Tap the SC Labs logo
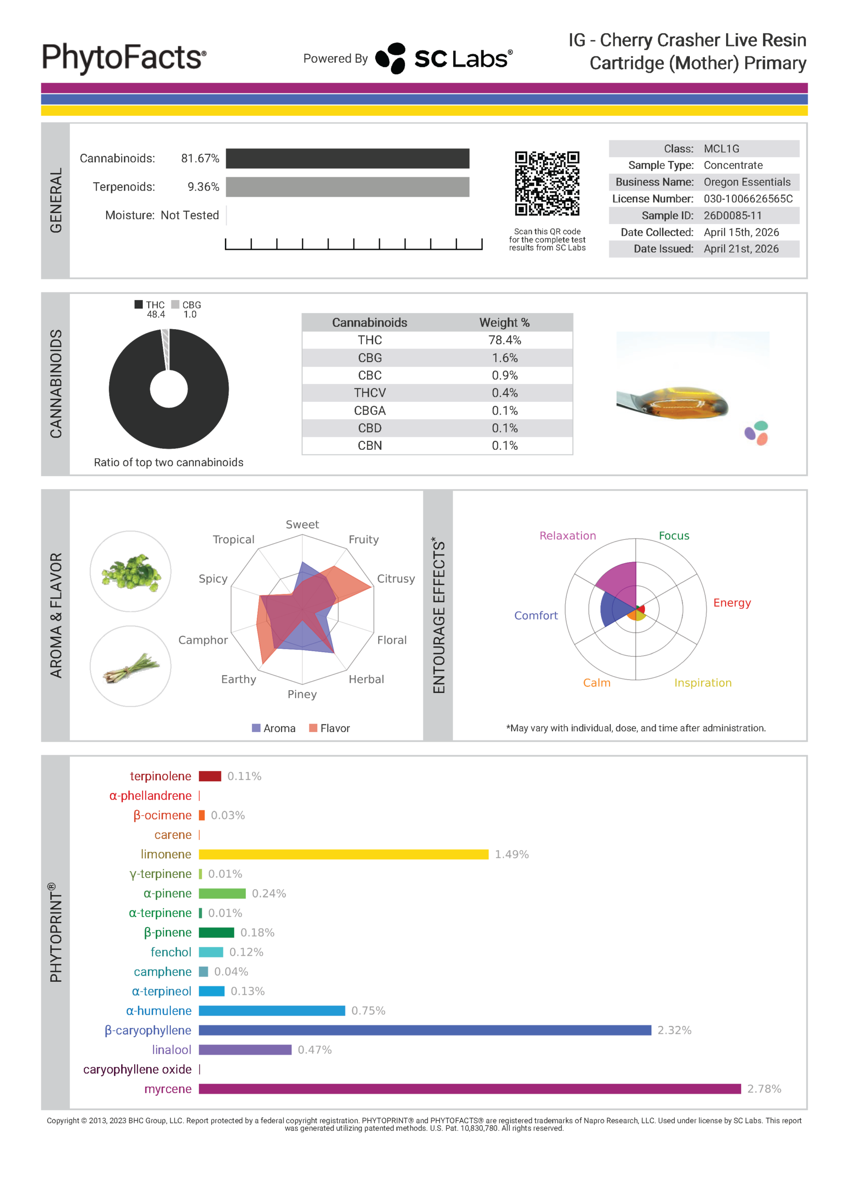click(444, 58)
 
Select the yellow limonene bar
click(344, 855)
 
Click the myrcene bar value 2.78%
click(764, 1089)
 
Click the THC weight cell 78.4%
click(505, 340)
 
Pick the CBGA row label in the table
click(369, 410)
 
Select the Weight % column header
click(505, 323)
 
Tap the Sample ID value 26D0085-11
click(732, 216)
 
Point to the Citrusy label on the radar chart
click(396, 578)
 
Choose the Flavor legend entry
click(330, 728)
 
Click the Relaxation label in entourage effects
click(567, 536)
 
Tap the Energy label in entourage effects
click(732, 602)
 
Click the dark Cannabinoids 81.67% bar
click(348, 159)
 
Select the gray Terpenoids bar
click(348, 187)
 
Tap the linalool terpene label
click(171, 1050)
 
